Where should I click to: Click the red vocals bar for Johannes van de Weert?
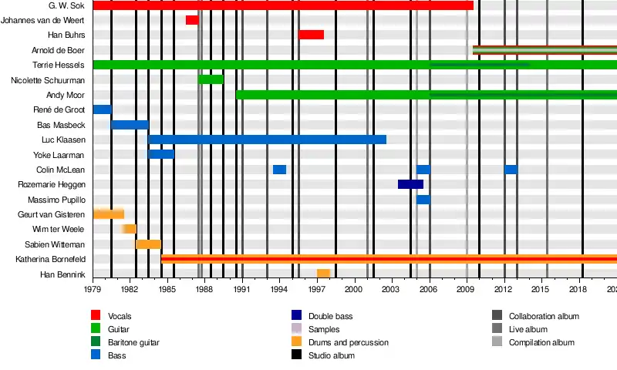tap(192, 20)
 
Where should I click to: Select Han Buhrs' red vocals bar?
tap(311, 35)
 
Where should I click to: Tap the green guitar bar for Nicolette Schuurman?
tap(211, 79)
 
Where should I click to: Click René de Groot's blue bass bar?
tap(102, 109)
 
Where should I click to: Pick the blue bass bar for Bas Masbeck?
tap(130, 124)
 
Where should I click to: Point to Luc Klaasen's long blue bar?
tap(267, 140)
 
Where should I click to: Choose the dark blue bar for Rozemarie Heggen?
tap(410, 184)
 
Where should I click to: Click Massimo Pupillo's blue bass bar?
tap(423, 200)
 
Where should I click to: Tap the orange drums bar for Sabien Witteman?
tap(148, 244)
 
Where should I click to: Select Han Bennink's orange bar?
tap(323, 274)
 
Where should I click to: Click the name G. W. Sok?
tap(66, 5)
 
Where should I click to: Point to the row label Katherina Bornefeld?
tap(50, 260)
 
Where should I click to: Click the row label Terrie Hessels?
tap(59, 65)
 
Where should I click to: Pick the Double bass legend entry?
tap(330, 316)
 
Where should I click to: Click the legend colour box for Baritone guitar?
tap(96, 342)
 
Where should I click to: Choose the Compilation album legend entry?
tap(541, 342)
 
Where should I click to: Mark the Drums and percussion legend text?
tap(346, 342)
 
